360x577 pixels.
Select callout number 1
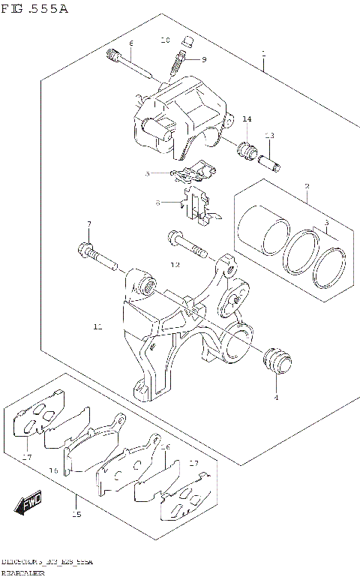pos(263,53)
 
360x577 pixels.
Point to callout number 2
pos(307,186)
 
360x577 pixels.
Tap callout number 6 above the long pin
pos(130,43)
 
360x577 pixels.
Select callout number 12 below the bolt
pos(175,265)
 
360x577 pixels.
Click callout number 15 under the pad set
pos(76,515)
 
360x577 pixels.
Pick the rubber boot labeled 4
pos(277,362)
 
